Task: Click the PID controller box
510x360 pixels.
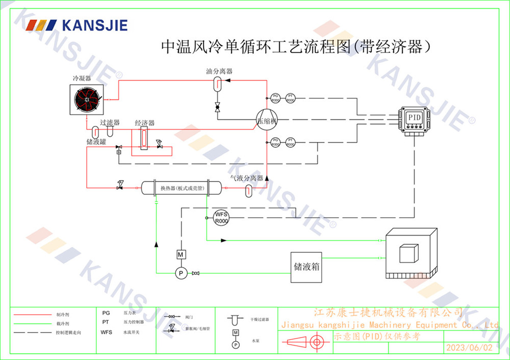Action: click(415, 120)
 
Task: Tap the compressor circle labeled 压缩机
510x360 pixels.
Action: click(266, 121)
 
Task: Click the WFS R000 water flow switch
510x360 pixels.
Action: click(221, 218)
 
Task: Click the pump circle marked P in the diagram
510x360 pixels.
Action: click(180, 273)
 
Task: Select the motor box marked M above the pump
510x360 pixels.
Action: click(180, 254)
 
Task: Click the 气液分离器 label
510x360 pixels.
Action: click(246, 178)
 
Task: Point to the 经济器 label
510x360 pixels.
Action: click(144, 123)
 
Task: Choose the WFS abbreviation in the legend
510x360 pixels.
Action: click(106, 332)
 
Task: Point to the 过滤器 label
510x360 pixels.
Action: click(110, 123)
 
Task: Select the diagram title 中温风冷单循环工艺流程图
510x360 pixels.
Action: click(256, 47)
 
